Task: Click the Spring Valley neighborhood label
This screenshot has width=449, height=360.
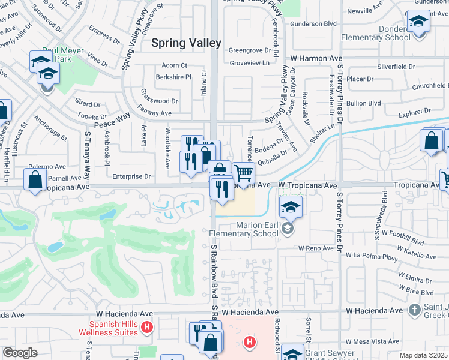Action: click(186, 43)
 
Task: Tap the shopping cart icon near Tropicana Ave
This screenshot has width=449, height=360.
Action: click(243, 173)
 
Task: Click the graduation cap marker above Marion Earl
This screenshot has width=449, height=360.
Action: click(291, 207)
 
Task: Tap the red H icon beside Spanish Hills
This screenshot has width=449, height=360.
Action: click(148, 327)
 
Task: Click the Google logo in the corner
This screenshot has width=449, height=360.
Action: click(20, 353)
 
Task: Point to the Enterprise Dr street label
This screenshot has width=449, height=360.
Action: click(131, 176)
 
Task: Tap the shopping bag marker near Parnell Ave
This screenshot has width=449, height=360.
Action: click(35, 179)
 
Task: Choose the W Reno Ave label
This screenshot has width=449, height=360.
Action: click(316, 248)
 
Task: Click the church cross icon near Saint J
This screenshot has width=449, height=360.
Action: click(414, 310)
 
